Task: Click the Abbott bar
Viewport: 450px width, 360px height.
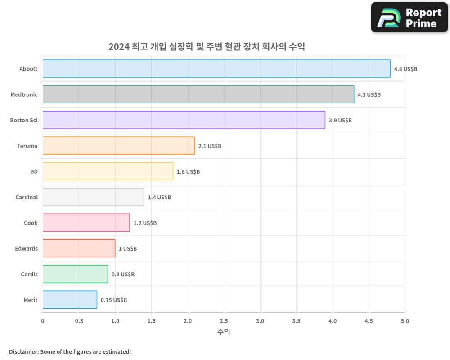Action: click(216, 69)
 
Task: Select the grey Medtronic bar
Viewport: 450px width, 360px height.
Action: click(198, 94)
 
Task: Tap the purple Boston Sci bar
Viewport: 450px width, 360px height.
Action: click(184, 120)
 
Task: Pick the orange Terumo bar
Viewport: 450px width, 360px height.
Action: click(119, 146)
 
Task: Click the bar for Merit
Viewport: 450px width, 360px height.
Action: click(70, 300)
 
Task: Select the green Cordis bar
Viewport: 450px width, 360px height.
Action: click(75, 274)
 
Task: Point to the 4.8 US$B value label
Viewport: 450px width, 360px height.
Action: click(405, 69)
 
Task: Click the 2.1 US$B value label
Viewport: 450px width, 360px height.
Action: click(210, 146)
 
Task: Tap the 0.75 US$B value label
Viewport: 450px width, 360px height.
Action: click(114, 300)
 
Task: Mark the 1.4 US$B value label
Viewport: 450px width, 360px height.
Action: click(159, 198)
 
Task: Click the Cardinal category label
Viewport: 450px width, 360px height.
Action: click(27, 197)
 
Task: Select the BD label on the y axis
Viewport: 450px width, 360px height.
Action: click(34, 171)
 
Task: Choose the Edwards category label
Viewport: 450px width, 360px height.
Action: click(27, 248)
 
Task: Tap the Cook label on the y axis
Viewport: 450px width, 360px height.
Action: click(31, 223)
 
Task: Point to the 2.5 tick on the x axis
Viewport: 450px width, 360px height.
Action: click(224, 321)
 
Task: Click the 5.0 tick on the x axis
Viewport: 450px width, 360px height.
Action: click(405, 321)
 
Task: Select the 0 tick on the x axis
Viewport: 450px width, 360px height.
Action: click(43, 321)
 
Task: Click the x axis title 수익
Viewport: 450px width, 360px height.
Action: click(224, 332)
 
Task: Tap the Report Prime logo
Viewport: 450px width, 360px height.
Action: click(409, 18)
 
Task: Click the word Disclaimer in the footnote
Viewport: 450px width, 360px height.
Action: click(23, 351)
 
